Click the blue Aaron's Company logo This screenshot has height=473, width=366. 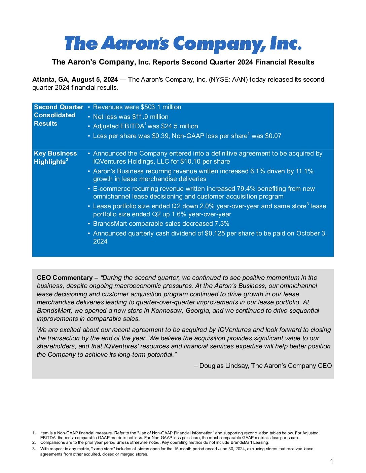click(183, 44)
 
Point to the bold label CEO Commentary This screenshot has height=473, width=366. click(65, 278)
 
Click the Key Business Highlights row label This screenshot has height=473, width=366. click(55, 158)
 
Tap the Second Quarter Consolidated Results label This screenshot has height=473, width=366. click(58, 115)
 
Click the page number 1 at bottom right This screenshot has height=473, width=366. click(332, 462)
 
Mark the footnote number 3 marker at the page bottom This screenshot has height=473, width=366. click(34, 449)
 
